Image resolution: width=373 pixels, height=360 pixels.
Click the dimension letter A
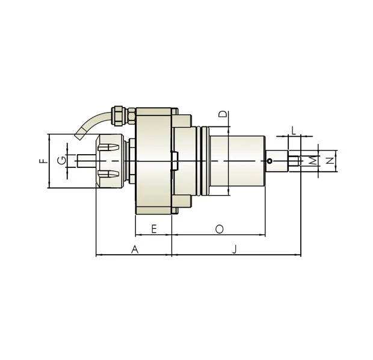pyautogui.click(x=135, y=249)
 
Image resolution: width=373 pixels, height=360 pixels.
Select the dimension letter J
pyautogui.click(x=235, y=249)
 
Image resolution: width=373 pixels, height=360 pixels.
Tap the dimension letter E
pyautogui.click(x=154, y=229)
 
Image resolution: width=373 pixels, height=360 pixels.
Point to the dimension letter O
pyautogui.click(x=219, y=229)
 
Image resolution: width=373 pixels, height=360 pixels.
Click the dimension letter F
pyautogui.click(x=42, y=161)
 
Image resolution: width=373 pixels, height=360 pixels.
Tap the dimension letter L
pyautogui.click(x=294, y=130)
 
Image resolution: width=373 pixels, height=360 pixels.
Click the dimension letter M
pyautogui.click(x=312, y=161)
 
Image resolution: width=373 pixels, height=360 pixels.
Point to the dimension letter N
pyautogui.click(x=329, y=161)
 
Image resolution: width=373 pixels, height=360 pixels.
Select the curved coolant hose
pyautogui.click(x=90, y=123)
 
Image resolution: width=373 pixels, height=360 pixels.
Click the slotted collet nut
pyautogui.click(x=108, y=161)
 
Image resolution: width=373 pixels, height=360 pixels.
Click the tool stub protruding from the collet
pyautogui.click(x=87, y=161)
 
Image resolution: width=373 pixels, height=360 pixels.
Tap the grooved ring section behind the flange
pyautogui.click(x=203, y=161)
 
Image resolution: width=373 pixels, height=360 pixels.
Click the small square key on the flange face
pyautogui.click(x=175, y=161)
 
